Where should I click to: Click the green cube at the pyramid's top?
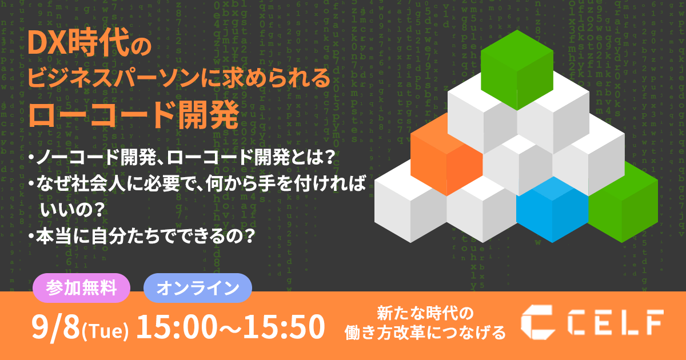pyautogui.click(x=517, y=70)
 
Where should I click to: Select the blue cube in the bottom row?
pyautogui.click(x=552, y=210)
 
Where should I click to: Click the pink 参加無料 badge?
pyautogui.click(x=81, y=288)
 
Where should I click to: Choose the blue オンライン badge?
pyautogui.click(x=198, y=288)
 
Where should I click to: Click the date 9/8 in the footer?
pyautogui.click(x=55, y=327)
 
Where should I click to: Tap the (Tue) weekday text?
pyautogui.click(x=105, y=331)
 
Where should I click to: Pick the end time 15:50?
pyautogui.click(x=284, y=327)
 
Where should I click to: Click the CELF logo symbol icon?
pyautogui.click(x=539, y=322)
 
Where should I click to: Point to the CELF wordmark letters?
pyautogui.click(x=616, y=322)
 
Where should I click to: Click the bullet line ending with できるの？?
pyautogui.click(x=142, y=235)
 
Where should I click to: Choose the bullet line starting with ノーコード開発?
pyautogui.click(x=182, y=158)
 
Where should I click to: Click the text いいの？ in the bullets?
pyautogui.click(x=73, y=210)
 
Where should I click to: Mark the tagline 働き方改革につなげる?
pyautogui.click(x=425, y=333)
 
